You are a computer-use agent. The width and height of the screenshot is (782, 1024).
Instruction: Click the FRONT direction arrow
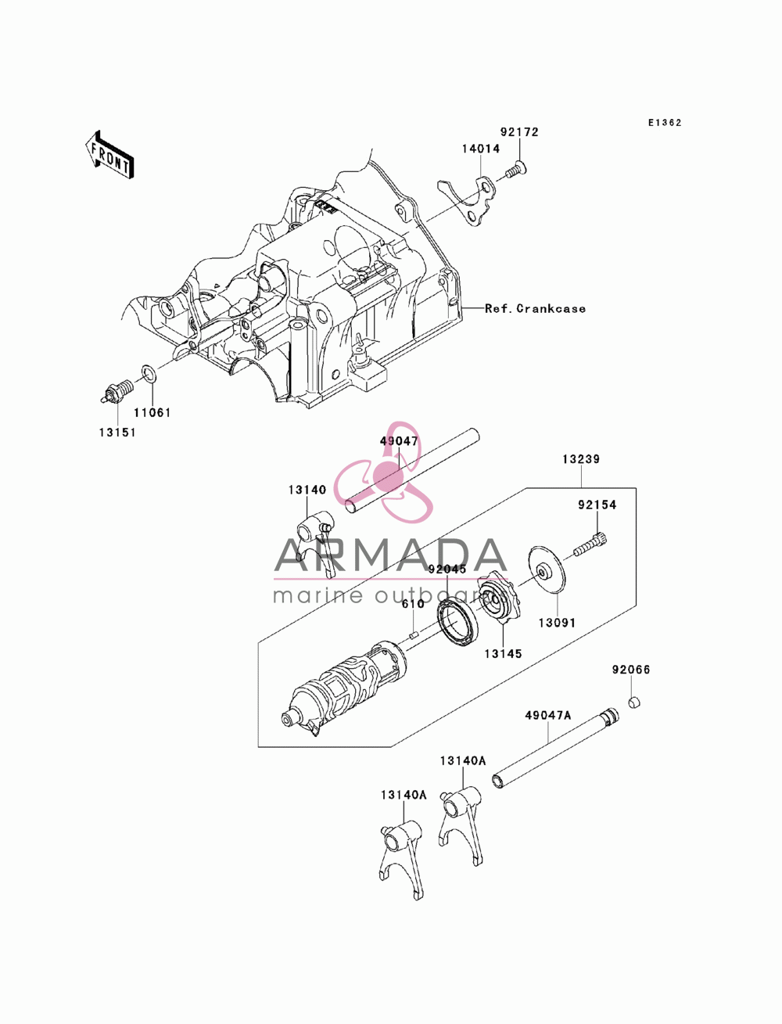(109, 154)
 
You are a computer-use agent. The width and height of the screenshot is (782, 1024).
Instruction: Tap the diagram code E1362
(665, 123)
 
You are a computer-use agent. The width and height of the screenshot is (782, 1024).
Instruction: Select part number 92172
(519, 132)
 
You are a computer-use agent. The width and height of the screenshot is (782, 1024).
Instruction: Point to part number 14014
(481, 149)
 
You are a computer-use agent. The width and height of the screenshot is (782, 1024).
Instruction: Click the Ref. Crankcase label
(536, 308)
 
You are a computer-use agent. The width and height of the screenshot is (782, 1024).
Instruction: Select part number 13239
(581, 459)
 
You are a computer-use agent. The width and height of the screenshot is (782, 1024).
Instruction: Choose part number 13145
(503, 654)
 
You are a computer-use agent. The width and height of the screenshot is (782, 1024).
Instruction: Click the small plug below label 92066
(633, 702)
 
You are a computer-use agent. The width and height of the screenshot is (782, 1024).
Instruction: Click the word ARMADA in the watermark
(391, 555)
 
